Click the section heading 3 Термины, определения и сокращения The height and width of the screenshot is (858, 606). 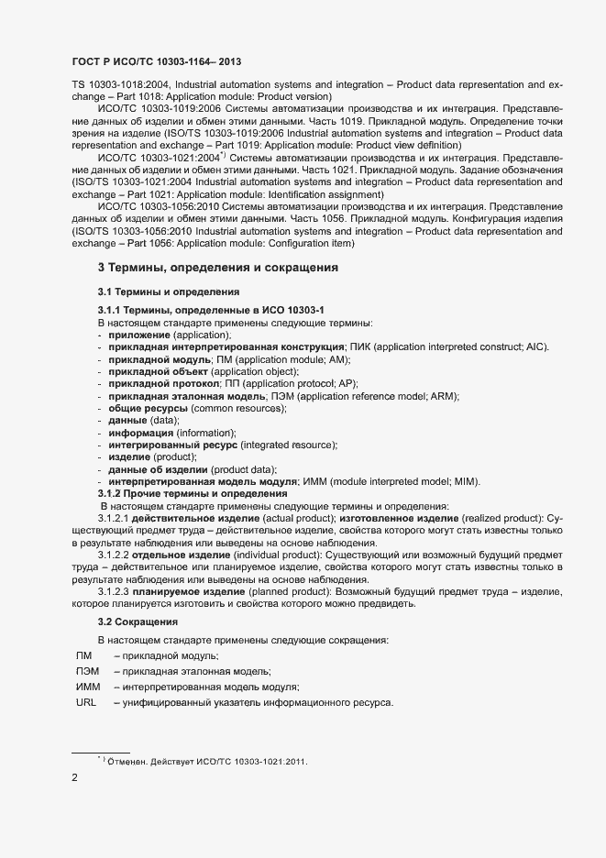point(218,268)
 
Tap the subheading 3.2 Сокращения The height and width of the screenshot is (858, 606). point(138,622)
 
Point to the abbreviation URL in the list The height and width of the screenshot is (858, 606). point(86,702)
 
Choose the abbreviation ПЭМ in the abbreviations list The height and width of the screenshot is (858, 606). point(88,671)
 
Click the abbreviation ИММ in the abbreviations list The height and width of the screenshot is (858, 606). point(88,687)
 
